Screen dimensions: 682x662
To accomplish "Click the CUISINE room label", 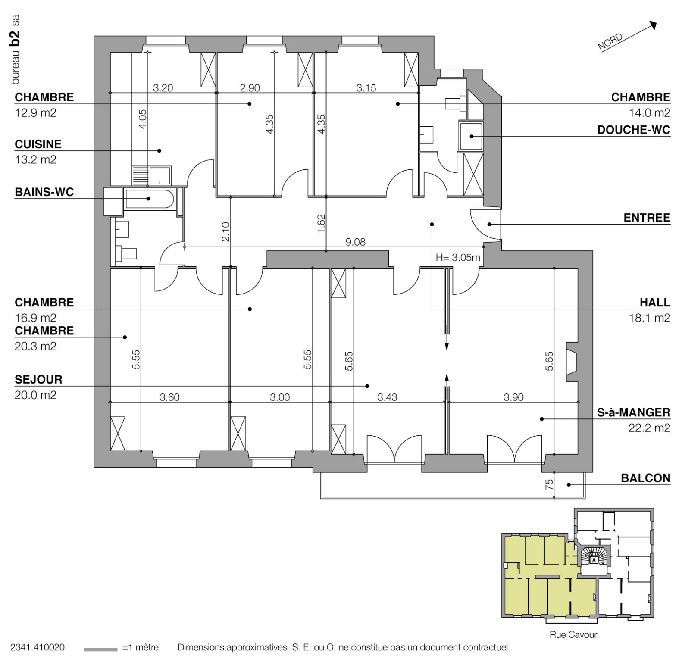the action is pos(38,144).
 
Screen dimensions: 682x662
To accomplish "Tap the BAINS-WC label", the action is pos(44,192).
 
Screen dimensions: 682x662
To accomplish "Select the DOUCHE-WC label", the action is pos(634,130).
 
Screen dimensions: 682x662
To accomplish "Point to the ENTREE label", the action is pos(647,218).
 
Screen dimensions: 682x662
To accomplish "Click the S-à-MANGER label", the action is pos(634,412).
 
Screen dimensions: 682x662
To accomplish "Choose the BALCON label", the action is pos(646,478).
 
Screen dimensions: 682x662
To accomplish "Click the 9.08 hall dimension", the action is pos(356,242).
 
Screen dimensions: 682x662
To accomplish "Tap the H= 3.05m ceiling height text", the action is pos(458,258).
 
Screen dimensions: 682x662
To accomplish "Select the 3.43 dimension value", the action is pos(387,397).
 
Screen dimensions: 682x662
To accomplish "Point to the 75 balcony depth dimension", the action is pos(549,485).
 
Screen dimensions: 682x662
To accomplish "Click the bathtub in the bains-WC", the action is pos(149,199).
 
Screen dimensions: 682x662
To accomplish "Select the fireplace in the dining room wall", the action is pos(572,362).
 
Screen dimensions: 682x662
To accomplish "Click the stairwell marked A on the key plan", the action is pos(594,559).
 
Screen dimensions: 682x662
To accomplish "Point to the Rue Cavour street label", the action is pos(573,635).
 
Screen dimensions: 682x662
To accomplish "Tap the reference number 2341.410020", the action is pos(38,647).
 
